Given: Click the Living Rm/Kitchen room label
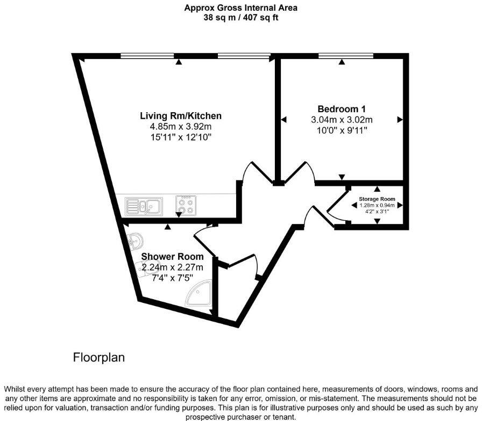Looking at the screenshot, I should point(181,116).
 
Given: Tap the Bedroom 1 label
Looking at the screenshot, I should point(342,109).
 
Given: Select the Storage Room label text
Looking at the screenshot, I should point(377,199).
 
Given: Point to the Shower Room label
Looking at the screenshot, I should point(173,257).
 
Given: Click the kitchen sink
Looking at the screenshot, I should point(144,206).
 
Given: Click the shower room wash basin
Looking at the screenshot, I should point(134,241).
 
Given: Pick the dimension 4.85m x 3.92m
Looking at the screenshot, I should point(181,127).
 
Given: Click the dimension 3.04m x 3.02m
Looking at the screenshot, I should point(342,120).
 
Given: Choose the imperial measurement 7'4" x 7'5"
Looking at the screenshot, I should point(173,278).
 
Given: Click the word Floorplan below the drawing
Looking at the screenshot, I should point(99,357).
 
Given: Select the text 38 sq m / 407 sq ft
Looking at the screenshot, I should point(240,18).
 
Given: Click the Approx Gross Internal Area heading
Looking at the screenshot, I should point(240,8).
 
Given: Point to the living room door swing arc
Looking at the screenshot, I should point(253,172).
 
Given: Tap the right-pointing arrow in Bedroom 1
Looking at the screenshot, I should point(400,119).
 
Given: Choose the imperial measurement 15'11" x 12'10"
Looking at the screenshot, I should point(181,137).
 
